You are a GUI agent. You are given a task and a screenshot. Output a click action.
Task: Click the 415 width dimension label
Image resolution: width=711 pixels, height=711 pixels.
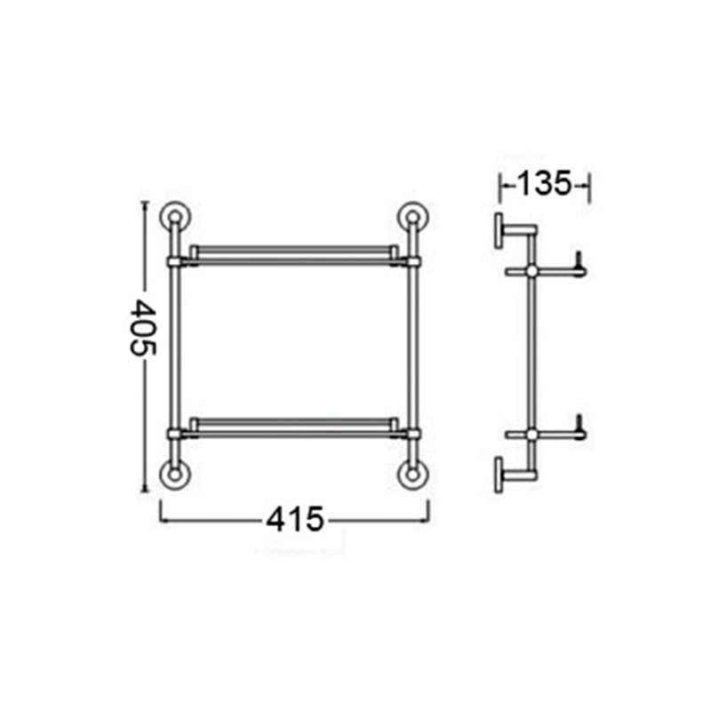(295, 520)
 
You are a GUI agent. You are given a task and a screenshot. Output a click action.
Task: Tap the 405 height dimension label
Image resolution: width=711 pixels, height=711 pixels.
(143, 327)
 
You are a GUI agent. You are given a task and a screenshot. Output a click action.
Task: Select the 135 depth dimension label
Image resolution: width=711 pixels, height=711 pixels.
(544, 184)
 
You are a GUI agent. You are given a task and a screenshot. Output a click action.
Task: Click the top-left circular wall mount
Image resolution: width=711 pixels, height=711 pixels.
(175, 216)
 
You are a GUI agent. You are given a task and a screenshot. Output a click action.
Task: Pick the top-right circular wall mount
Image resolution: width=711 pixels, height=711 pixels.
(412, 216)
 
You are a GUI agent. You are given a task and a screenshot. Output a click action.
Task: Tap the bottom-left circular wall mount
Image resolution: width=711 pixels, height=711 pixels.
(175, 475)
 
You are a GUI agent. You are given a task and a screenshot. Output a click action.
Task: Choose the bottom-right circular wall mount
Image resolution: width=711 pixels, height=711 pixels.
(412, 475)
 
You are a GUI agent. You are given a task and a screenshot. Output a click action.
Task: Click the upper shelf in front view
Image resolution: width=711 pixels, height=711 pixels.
(294, 255)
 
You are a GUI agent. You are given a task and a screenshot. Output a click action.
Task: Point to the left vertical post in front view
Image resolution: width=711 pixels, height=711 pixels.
(175, 345)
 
